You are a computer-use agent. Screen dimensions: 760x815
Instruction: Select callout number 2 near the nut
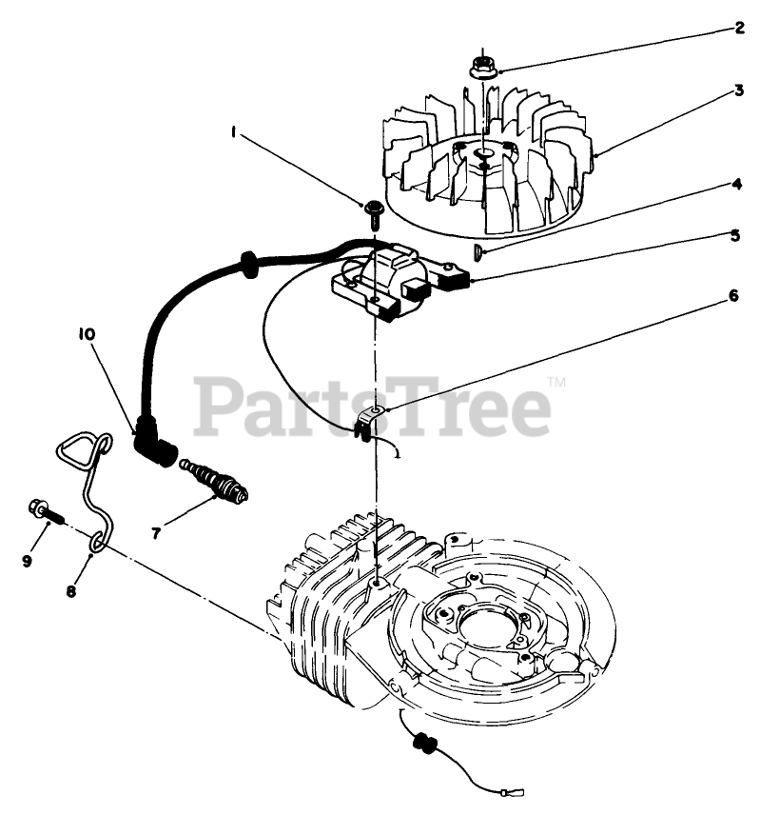pos(738,28)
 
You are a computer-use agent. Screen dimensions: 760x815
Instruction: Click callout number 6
pos(732,296)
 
